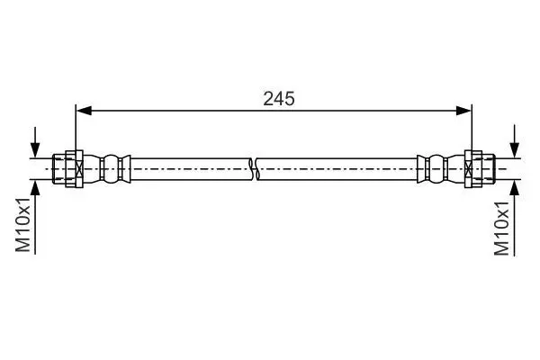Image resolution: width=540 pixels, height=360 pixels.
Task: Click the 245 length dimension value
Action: pyautogui.click(x=279, y=98)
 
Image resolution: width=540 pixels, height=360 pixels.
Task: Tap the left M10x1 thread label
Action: pyautogui.click(x=23, y=225)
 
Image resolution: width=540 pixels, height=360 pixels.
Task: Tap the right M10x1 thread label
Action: pyautogui.click(x=501, y=228)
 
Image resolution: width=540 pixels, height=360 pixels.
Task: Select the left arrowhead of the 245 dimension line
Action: pyautogui.click(x=84, y=111)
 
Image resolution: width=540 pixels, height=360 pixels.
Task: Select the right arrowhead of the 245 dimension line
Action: pyautogui.click(x=463, y=111)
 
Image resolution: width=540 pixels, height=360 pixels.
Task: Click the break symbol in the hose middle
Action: pyautogui.click(x=255, y=169)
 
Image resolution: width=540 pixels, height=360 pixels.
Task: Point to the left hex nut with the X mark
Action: pyautogui.click(x=75, y=169)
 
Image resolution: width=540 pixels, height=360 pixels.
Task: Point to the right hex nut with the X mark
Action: pyautogui.click(x=473, y=169)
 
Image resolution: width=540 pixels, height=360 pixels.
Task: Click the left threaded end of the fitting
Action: pyautogui.click(x=58, y=169)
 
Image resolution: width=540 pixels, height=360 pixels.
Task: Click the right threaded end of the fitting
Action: pyautogui.click(x=489, y=169)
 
